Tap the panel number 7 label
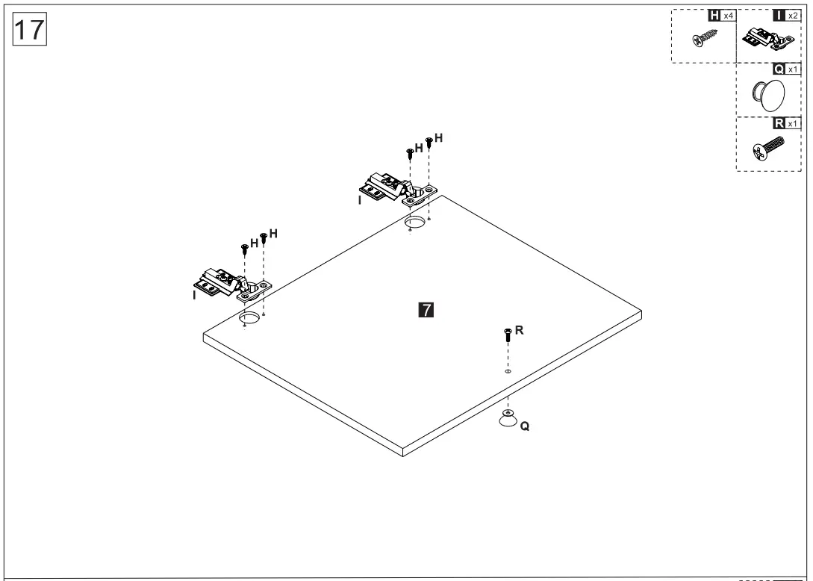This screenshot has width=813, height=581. click(426, 309)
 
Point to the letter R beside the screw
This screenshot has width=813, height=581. click(520, 329)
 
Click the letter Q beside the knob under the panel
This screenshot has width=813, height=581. click(525, 426)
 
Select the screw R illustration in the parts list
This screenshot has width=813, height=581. click(767, 149)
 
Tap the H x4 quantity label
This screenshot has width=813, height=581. click(720, 15)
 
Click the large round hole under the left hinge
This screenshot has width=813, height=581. click(249, 320)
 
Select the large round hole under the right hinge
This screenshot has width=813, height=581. click(415, 222)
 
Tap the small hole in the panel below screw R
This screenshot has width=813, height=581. click(508, 370)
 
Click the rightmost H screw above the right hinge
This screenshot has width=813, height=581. click(429, 142)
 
